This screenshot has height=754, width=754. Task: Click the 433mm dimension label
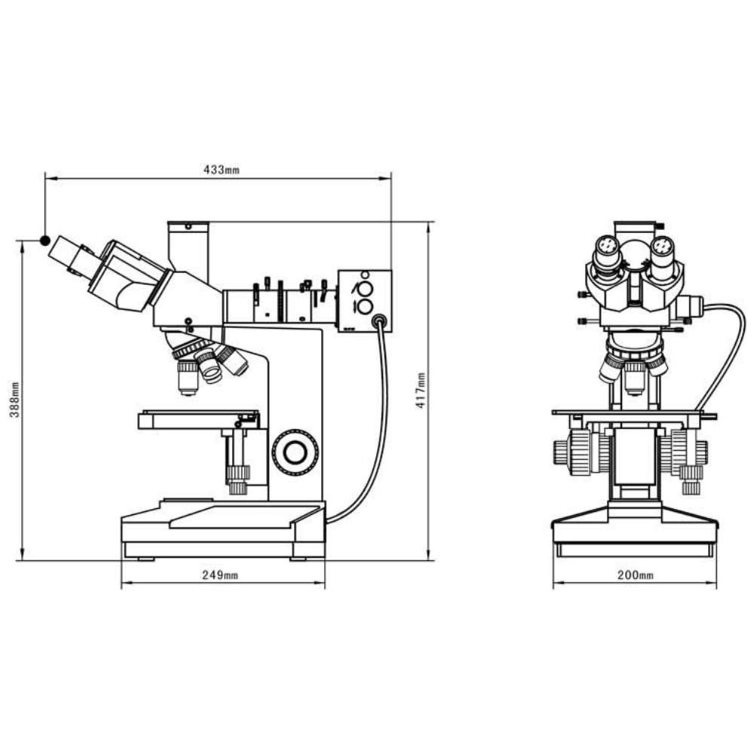coord(221,169)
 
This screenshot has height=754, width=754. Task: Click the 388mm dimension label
coord(15,400)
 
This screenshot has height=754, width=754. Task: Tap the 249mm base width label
coord(219,575)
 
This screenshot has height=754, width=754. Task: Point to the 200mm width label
coord(635,575)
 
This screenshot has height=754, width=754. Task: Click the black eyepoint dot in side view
coord(44,241)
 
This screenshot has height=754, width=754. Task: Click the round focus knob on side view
coord(295,452)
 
